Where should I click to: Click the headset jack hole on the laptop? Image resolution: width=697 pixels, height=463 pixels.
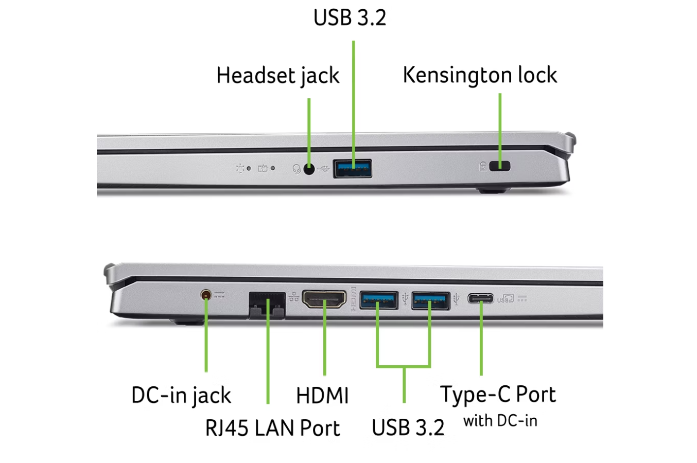pyautogui.click(x=309, y=168)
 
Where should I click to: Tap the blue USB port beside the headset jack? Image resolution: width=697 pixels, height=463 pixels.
pyautogui.click(x=353, y=168)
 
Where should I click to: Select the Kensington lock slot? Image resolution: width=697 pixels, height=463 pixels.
pyautogui.click(x=499, y=166)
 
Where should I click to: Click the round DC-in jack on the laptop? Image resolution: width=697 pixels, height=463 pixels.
pyautogui.click(x=206, y=295)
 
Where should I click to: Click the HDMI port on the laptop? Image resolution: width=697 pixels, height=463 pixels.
pyautogui.click(x=324, y=299)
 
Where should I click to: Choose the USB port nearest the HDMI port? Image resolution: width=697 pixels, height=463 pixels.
pyautogui.click(x=379, y=299)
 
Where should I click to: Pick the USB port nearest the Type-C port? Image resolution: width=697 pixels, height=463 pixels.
pyautogui.click(x=430, y=299)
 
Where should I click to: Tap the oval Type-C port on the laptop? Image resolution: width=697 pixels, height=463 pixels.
pyautogui.click(x=481, y=298)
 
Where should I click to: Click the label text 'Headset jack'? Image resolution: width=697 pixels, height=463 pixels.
pyautogui.click(x=278, y=76)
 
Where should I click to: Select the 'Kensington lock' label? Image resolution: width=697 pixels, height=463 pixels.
pyautogui.click(x=480, y=75)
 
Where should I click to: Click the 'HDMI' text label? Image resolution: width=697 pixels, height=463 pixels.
pyautogui.click(x=323, y=396)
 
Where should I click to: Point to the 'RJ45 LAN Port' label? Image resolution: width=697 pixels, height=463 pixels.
pyautogui.click(x=272, y=428)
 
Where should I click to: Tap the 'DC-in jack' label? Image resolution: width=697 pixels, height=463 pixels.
pyautogui.click(x=181, y=396)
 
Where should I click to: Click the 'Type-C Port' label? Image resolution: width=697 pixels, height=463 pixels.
pyautogui.click(x=498, y=395)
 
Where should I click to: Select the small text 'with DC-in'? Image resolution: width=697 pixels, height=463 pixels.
pyautogui.click(x=500, y=421)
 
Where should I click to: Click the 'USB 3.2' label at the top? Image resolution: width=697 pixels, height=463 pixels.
pyautogui.click(x=350, y=17)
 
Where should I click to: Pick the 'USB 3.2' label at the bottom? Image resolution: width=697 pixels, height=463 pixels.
pyautogui.click(x=408, y=428)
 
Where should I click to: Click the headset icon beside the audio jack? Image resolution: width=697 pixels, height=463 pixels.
pyautogui.click(x=297, y=169)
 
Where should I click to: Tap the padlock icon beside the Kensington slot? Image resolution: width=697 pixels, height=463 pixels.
pyautogui.click(x=483, y=166)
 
